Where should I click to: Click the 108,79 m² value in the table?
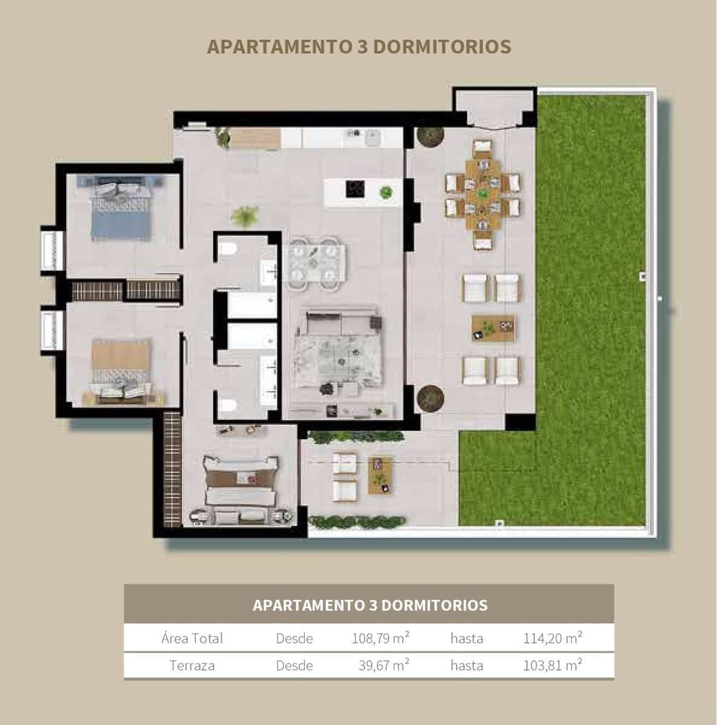point(381,638)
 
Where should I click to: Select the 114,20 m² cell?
point(553,638)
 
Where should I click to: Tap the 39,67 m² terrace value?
point(384,666)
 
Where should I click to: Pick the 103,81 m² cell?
point(553,666)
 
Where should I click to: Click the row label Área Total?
point(192,638)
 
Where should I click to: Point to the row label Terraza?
point(192,666)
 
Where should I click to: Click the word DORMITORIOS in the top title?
point(443,47)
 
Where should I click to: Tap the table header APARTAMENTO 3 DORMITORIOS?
point(369,605)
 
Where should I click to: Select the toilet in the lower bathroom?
point(228,406)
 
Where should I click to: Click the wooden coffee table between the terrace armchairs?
point(494,327)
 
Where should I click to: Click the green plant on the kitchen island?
point(385,193)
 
